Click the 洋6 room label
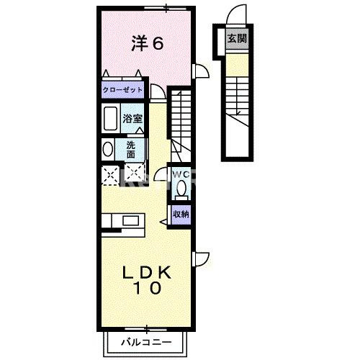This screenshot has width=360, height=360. tap(147, 43)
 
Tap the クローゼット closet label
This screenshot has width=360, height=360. tap(122, 91)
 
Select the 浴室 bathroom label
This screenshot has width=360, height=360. tap(131, 118)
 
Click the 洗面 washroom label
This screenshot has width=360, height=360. tap(131, 148)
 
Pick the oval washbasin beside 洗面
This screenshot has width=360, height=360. tap(108, 150)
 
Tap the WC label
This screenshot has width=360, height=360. tap(180, 174)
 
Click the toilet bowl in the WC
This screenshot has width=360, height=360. tap(181, 189)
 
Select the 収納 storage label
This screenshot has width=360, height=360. tap(180, 213)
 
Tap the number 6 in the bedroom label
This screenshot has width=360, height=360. tap(158, 43)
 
